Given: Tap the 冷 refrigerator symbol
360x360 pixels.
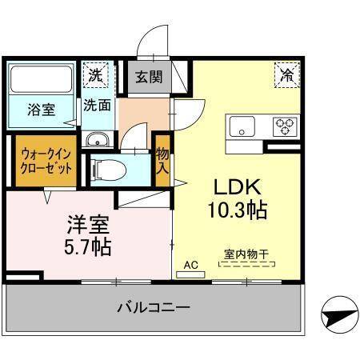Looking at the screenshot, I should [x=285, y=76].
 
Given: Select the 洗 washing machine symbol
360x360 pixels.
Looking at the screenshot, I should [x=96, y=76].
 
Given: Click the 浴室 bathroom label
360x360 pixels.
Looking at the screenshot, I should [x=42, y=110].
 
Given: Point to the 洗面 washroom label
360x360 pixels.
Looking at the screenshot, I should [x=98, y=104].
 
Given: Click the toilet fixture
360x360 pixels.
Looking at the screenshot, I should [x=105, y=169].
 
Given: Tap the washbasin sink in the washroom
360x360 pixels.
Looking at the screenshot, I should [x=97, y=140].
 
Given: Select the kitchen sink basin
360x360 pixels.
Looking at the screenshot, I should [x=242, y=126].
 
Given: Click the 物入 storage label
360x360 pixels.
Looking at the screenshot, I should [x=162, y=163].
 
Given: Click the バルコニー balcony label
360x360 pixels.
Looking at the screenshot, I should [x=152, y=307].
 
